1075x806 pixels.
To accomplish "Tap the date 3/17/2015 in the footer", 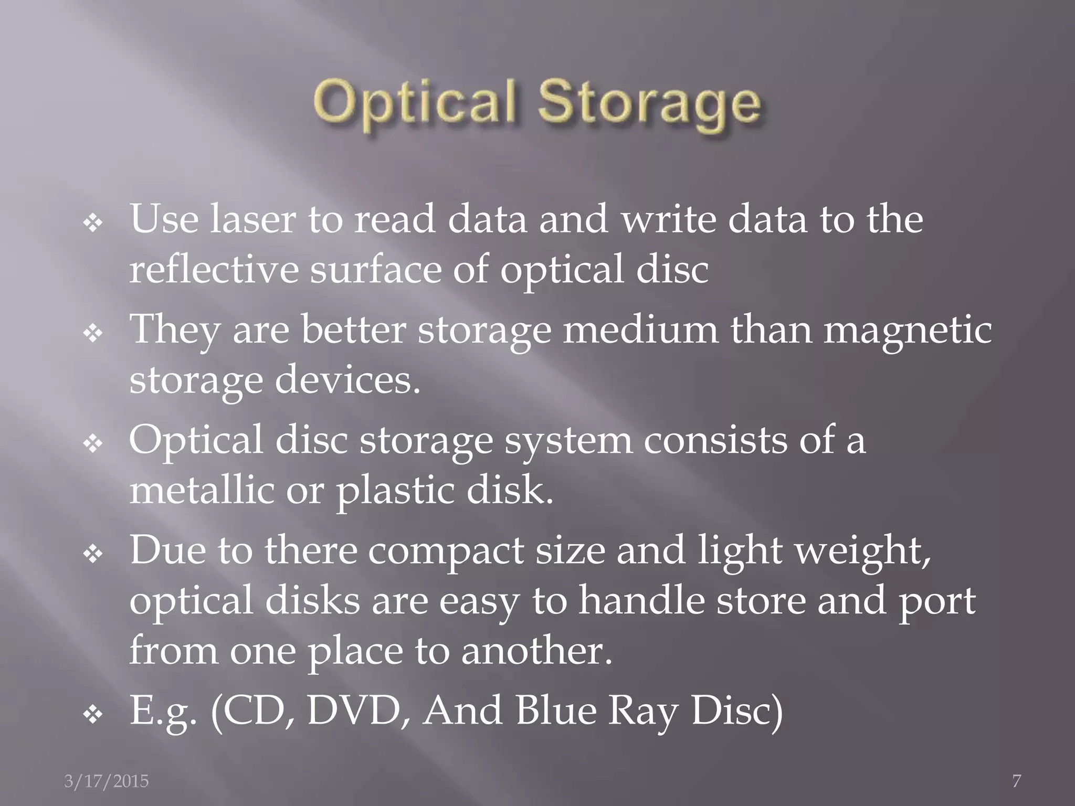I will (x=107, y=781).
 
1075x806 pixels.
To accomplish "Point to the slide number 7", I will (x=1017, y=781).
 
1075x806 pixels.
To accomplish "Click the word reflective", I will (x=213, y=269).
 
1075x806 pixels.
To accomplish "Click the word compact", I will (x=446, y=552).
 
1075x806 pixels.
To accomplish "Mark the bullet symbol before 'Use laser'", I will (x=93, y=224).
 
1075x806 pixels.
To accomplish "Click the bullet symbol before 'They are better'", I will (x=93, y=334).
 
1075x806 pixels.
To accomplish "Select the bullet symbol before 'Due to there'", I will (x=93, y=555).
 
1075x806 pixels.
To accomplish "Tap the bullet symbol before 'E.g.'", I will (x=93, y=715).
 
